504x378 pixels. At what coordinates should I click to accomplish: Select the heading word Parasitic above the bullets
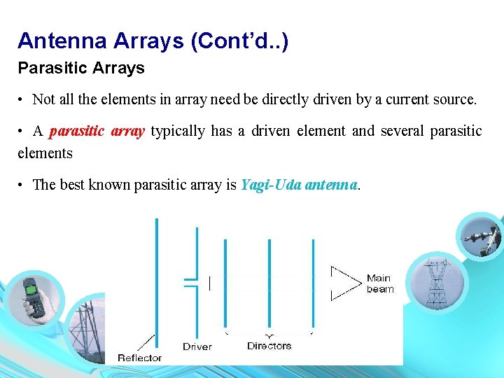pyautogui.click(x=45, y=69)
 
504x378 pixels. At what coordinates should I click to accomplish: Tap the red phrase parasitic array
pyautogui.click(x=97, y=131)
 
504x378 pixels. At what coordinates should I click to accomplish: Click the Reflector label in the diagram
pyautogui.click(x=140, y=358)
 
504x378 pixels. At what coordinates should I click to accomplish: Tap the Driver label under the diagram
pyautogui.click(x=197, y=346)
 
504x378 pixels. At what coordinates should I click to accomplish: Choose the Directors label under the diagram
pyautogui.click(x=269, y=346)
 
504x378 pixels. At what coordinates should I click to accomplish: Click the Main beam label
pyautogui.click(x=380, y=283)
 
